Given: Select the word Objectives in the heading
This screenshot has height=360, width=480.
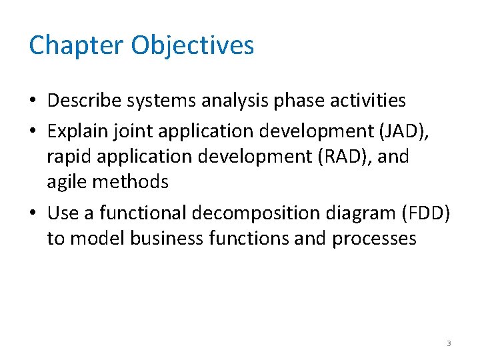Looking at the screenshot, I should point(193,45).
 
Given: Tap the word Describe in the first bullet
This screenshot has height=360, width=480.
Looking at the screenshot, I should point(88,101).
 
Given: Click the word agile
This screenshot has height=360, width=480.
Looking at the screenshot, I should point(65,182).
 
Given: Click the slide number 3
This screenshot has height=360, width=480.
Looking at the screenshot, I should point(448,343).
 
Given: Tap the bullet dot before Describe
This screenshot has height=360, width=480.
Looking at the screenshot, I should point(33,101).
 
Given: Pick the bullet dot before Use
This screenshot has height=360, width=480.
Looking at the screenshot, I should point(33,214).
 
